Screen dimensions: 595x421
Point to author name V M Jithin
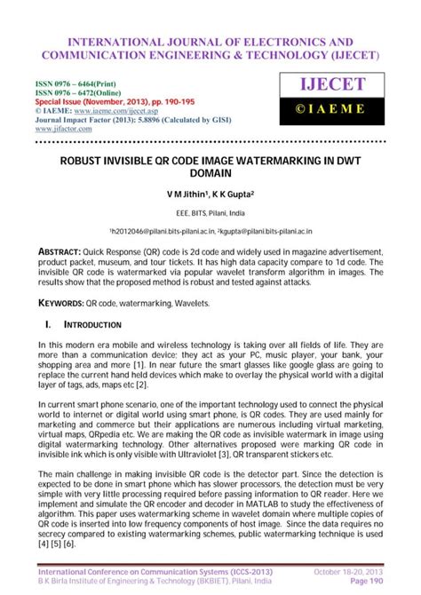tap(186, 193)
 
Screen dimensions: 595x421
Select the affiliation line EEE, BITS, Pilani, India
tap(210, 213)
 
